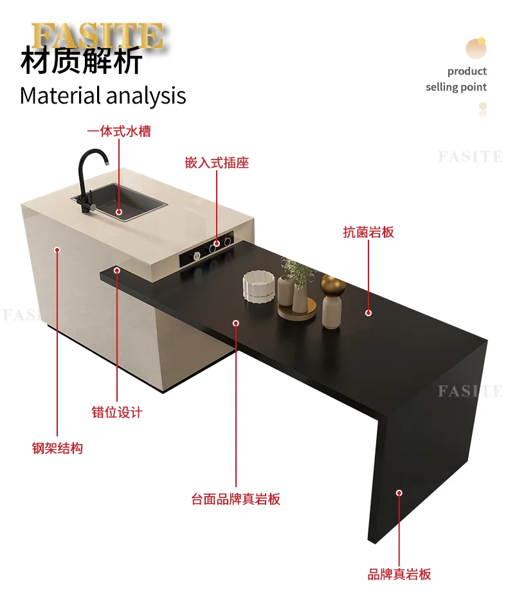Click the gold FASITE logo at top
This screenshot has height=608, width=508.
coord(96,36)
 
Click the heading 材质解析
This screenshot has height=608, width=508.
coord(81,63)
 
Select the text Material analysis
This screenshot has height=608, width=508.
coord(103,96)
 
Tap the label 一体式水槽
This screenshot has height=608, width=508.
coord(119,131)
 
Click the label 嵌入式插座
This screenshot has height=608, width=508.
coord(217,163)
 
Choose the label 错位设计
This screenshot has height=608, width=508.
coord(117,413)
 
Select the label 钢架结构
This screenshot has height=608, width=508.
coord(57,449)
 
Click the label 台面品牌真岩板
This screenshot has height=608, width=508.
coord(235,499)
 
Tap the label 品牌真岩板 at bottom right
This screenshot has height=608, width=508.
coord(399,575)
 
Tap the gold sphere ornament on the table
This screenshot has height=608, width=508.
coord(333,284)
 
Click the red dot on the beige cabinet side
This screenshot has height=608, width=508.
coord(57,249)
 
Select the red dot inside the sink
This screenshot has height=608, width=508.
coord(118,211)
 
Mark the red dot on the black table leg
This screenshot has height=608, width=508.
coord(399,493)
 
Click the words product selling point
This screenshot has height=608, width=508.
coord(457,79)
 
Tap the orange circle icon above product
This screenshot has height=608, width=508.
coord(475,48)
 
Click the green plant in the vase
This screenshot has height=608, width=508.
coord(298,271)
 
